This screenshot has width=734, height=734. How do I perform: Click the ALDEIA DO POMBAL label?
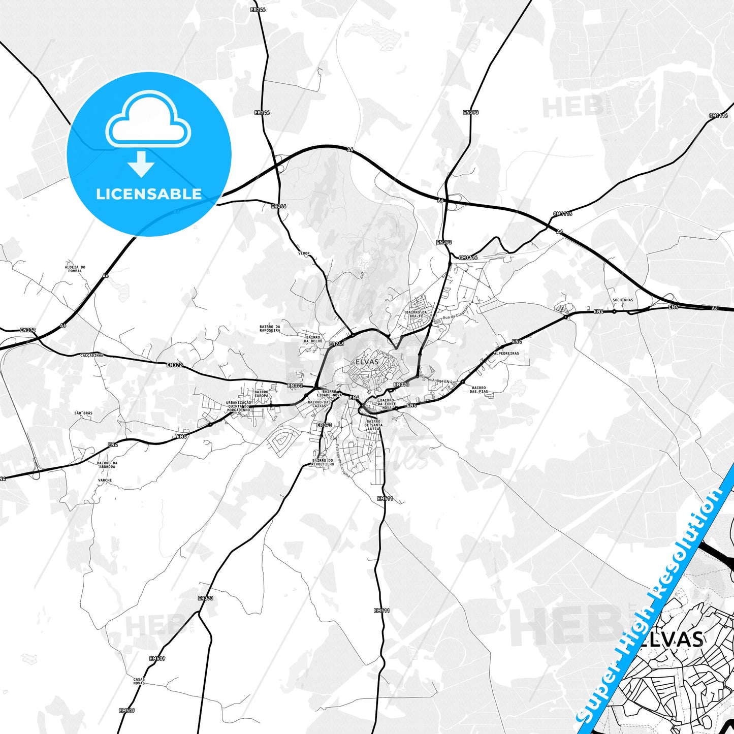pyautogui.click(x=75, y=269)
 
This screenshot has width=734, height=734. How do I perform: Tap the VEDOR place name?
pyautogui.click(x=304, y=253)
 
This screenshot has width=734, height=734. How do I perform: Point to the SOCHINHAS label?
pyautogui.click(x=623, y=300)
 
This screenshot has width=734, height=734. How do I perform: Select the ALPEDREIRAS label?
pyautogui.click(x=506, y=353)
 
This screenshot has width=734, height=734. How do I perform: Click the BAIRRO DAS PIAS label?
pyautogui.click(x=478, y=390)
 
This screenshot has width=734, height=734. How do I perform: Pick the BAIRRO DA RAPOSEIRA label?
pyautogui.click(x=270, y=328)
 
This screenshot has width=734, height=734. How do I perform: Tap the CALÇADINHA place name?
pyautogui.click(x=92, y=356)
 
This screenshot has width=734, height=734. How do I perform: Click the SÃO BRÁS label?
pyautogui.click(x=83, y=413)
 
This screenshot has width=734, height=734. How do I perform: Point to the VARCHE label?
pyautogui.click(x=105, y=480)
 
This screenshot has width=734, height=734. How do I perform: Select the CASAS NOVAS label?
pyautogui.click(x=139, y=681)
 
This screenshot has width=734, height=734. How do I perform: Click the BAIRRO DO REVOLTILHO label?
pyautogui.click(x=323, y=462)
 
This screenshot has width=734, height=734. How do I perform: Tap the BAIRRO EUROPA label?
pyautogui.click(x=262, y=394)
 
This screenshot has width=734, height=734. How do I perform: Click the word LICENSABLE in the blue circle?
pyautogui.click(x=149, y=194)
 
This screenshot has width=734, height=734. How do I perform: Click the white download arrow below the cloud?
pyautogui.click(x=141, y=164)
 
